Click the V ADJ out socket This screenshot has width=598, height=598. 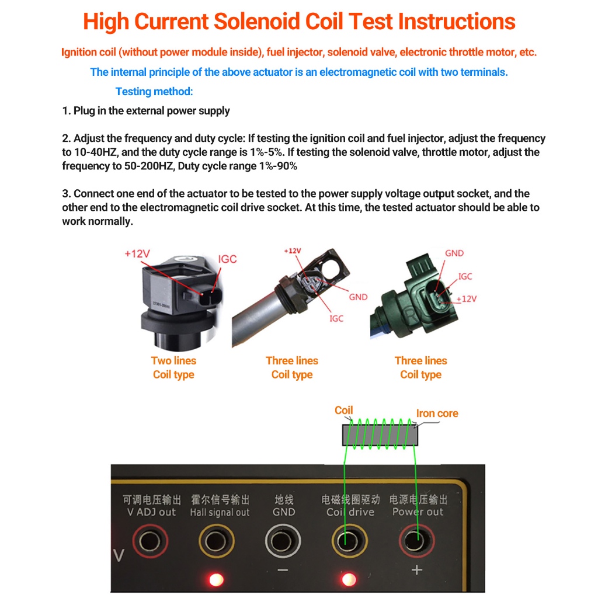click(150, 541)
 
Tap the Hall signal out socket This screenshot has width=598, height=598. click(216, 541)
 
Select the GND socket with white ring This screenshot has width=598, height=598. click(283, 541)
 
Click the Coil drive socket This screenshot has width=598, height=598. click(349, 541)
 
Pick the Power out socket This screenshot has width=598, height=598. click(416, 541)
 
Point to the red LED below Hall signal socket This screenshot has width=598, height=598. click(216, 580)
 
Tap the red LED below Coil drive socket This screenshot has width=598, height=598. click(349, 580)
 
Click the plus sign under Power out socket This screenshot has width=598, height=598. click(417, 570)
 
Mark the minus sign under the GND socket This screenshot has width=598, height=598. click(283, 570)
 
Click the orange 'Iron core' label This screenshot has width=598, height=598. click(437, 413)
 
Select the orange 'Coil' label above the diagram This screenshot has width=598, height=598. click(343, 411)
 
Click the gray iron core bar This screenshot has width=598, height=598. click(380, 435)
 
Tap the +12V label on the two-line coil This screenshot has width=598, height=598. click(137, 254)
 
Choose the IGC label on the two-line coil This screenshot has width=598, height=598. click(227, 259)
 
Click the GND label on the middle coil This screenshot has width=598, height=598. click(358, 297)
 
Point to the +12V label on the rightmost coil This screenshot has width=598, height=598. click(467, 299)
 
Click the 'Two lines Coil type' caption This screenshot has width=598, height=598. click(173, 368)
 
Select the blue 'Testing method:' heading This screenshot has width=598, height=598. click(154, 92)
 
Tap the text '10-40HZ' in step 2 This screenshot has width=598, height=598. click(95, 152)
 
